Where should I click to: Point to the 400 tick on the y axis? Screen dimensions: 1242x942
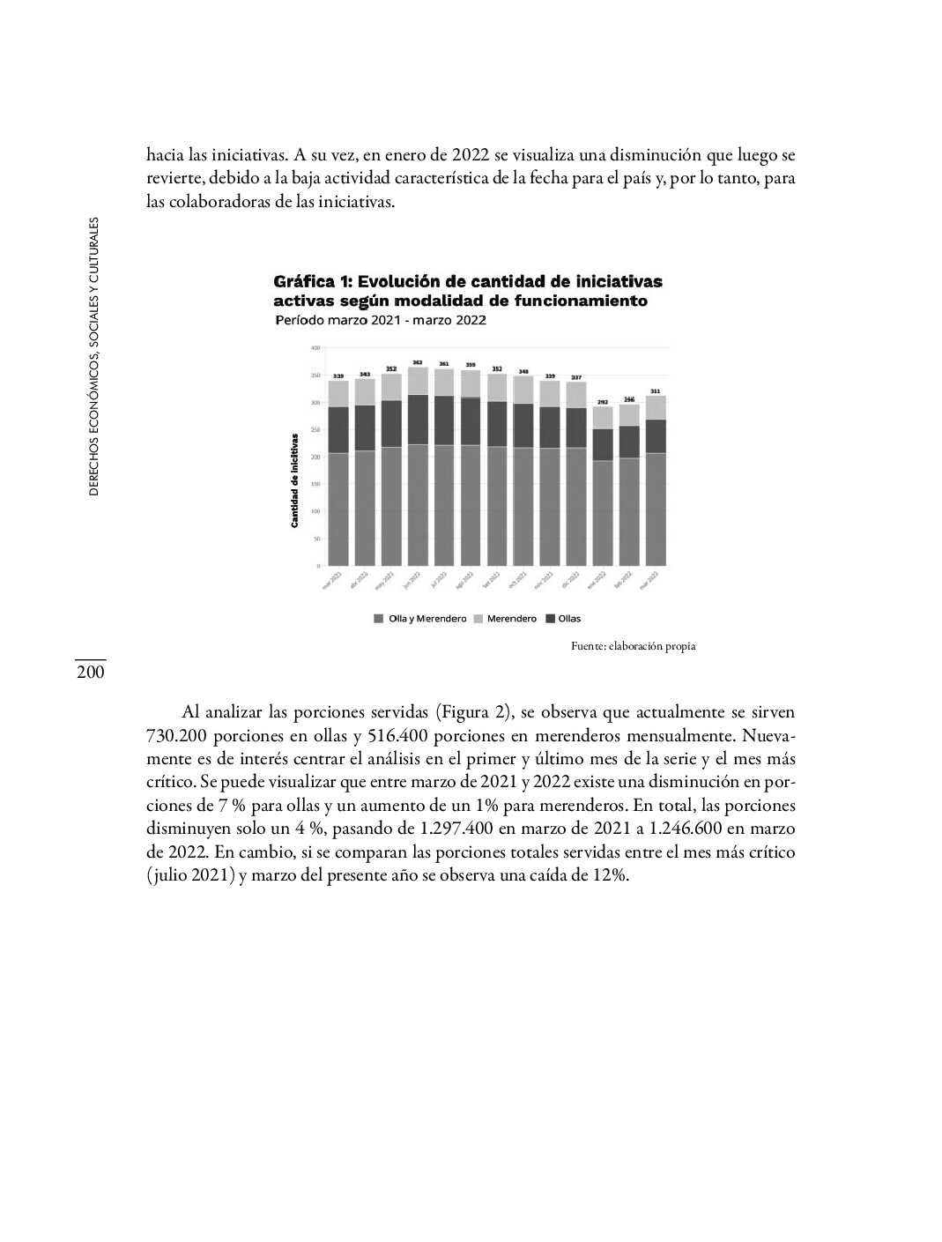tap(315, 348)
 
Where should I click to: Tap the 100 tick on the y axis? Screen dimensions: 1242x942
tap(315, 511)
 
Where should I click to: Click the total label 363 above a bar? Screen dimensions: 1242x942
tap(418, 362)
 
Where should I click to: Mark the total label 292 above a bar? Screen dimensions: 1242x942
tap(603, 401)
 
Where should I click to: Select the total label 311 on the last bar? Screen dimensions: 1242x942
tap(656, 390)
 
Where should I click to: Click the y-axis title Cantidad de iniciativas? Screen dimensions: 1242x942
tap(295, 480)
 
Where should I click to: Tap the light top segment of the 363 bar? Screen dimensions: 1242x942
tap(418, 381)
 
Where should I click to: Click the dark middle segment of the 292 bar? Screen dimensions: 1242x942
tap(603, 444)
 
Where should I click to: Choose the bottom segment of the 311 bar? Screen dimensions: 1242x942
tap(656, 509)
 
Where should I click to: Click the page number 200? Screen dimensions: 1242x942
tap(90, 673)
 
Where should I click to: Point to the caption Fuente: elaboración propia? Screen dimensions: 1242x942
tap(633, 646)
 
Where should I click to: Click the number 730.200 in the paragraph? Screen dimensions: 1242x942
tap(173, 734)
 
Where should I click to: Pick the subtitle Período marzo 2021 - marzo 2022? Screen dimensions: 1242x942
tap(381, 321)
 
